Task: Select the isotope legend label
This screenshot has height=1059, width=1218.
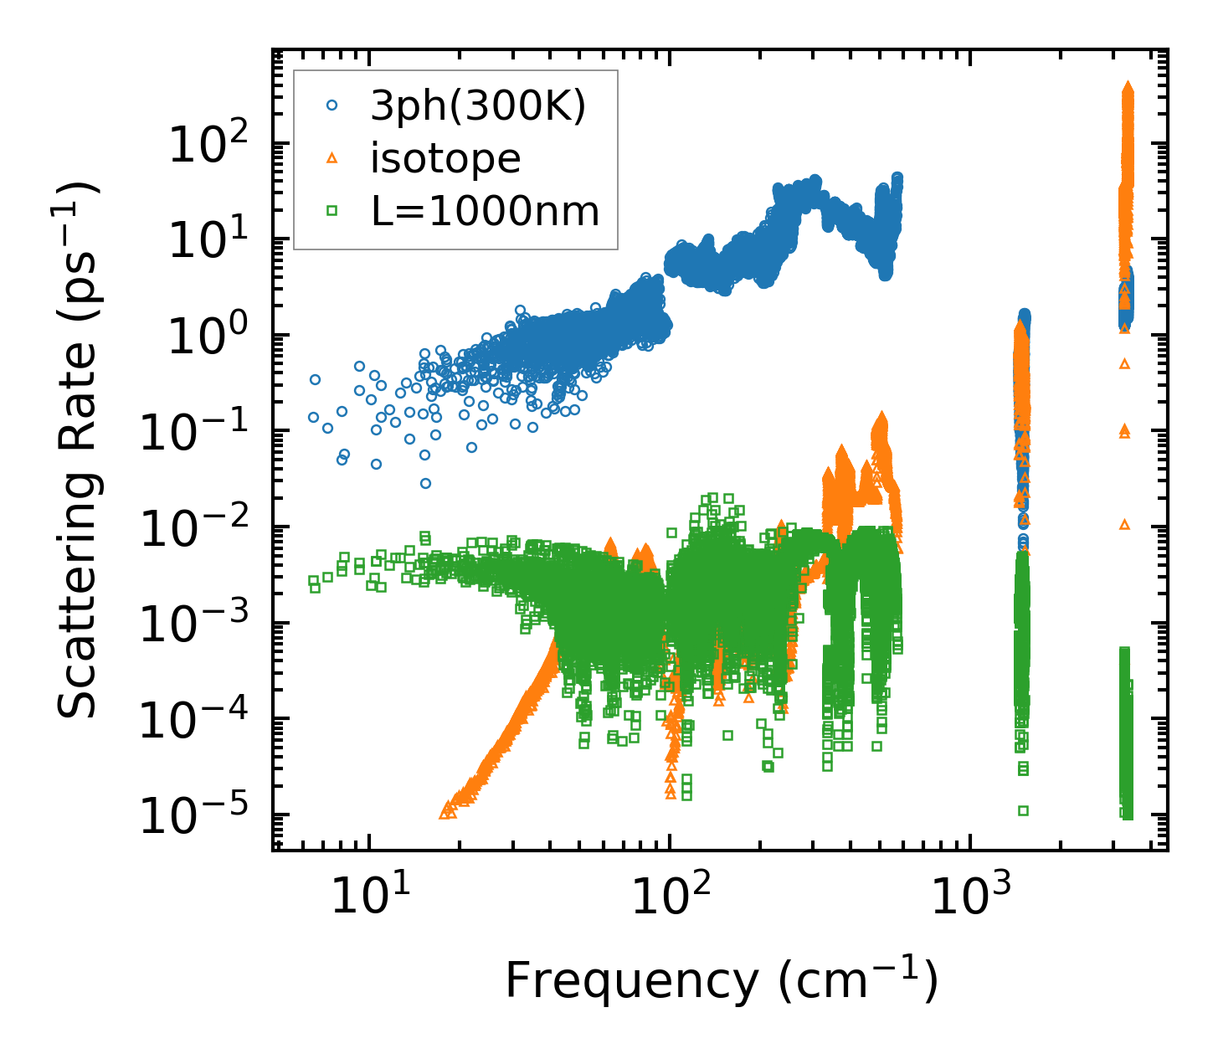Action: coord(445,159)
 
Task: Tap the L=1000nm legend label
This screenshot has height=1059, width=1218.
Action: coord(486,212)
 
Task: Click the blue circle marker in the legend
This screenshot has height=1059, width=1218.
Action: coord(332,105)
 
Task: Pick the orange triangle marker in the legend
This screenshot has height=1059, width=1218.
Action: coord(332,158)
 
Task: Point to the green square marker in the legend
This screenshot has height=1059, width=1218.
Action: coord(332,211)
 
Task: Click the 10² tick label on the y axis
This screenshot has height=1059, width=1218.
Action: coord(214,147)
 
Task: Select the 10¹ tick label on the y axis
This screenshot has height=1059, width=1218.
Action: coord(214,242)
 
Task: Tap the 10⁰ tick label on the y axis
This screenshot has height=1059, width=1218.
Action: coord(214,338)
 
